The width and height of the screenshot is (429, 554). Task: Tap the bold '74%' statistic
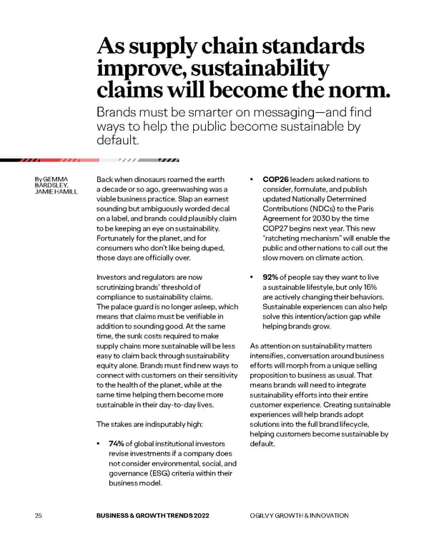(x=118, y=443)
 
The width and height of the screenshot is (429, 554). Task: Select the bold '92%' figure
(x=272, y=276)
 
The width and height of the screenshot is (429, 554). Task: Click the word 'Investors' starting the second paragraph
(x=113, y=276)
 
